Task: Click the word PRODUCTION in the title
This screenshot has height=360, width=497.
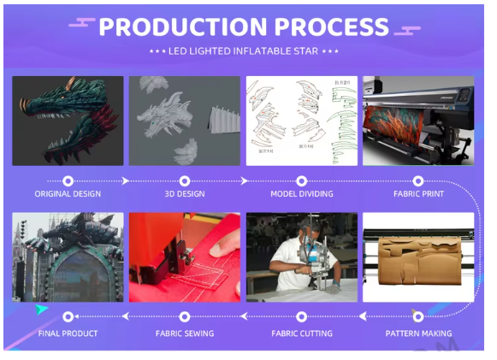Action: [x=183, y=27]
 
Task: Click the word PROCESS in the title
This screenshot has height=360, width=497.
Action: [x=332, y=27]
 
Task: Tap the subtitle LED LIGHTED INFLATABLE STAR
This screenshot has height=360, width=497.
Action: [x=243, y=51]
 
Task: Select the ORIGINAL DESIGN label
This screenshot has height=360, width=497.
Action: [x=68, y=193]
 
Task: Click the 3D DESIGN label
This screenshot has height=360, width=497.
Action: [x=185, y=193]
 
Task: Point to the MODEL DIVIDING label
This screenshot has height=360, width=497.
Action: [x=302, y=193]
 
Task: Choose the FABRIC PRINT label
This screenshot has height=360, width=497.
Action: [x=418, y=193]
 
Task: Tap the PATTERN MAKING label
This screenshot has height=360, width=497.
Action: [x=418, y=333]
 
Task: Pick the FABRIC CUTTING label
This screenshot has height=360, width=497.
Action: [x=302, y=333]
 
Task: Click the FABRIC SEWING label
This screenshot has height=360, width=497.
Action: [x=185, y=333]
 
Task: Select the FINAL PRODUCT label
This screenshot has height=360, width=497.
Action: [x=68, y=333]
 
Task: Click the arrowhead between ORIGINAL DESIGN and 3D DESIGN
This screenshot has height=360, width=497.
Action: [x=126, y=181]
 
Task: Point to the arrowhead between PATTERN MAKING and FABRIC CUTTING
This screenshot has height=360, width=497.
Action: [x=363, y=316]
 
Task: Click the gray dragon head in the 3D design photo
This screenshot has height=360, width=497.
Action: [x=165, y=115]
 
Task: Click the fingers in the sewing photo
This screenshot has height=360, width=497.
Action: [x=224, y=244]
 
